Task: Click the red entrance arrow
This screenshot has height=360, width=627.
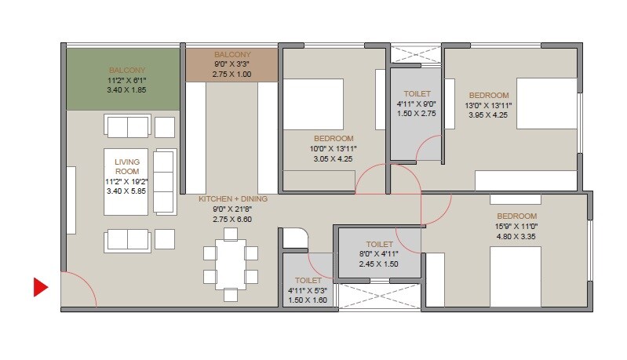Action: click(x=41, y=288)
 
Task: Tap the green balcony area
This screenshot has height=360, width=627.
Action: click(x=123, y=79)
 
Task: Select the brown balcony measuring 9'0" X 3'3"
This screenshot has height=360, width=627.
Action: click(x=231, y=65)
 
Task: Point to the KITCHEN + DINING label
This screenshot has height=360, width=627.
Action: click(x=232, y=199)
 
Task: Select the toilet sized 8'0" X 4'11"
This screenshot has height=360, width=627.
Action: click(x=378, y=256)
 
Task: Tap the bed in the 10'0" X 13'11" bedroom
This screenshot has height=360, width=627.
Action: click(x=312, y=104)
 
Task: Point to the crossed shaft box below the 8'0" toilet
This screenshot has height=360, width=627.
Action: click(x=378, y=296)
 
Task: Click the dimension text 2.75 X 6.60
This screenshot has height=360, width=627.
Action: click(x=232, y=220)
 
